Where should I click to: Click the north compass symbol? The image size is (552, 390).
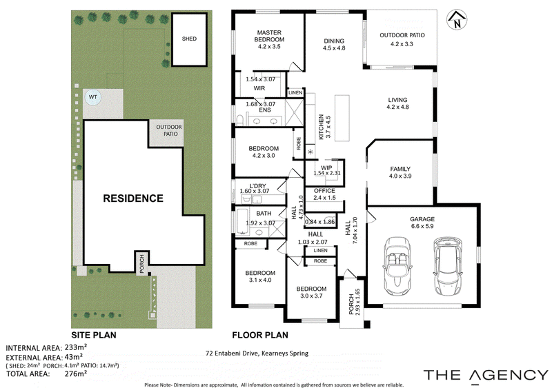click(x=457, y=20)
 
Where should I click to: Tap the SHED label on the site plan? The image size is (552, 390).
click(x=189, y=39)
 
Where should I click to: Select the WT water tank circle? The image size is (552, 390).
click(x=93, y=97)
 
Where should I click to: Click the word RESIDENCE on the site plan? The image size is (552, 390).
click(x=133, y=198)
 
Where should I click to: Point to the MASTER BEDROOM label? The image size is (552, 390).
click(x=269, y=36)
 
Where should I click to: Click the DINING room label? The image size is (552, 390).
click(x=334, y=41)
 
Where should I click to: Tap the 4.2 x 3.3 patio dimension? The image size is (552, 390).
click(x=402, y=44)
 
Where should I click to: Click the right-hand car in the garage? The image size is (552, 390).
click(x=447, y=266)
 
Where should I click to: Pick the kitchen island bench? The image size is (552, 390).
click(x=342, y=118)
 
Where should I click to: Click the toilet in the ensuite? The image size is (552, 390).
click(x=239, y=121)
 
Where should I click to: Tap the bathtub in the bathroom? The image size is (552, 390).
click(x=241, y=222)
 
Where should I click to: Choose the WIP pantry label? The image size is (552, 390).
click(x=326, y=167)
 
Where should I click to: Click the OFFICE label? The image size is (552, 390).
click(x=324, y=191)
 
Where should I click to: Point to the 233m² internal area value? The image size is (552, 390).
click(x=76, y=347)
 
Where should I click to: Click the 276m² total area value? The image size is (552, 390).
click(x=76, y=373)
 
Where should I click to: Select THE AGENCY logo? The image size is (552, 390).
click(x=486, y=375)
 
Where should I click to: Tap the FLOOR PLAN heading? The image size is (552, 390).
click(x=260, y=335)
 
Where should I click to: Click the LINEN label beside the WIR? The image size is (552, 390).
click(x=295, y=92)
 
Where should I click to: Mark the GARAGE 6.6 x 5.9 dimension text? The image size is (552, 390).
click(x=422, y=226)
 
